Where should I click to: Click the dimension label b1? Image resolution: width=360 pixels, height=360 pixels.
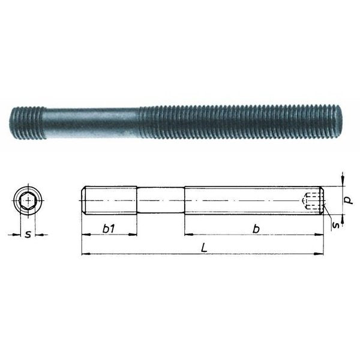point(109,228)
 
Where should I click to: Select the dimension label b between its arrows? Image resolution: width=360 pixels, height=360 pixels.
point(256,228)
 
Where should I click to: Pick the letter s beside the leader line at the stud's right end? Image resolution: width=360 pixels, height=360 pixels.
point(337,224)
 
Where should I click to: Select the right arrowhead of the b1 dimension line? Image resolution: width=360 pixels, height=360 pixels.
point(135,235)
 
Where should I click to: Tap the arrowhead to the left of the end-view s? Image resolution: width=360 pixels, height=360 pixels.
point(17,235)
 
